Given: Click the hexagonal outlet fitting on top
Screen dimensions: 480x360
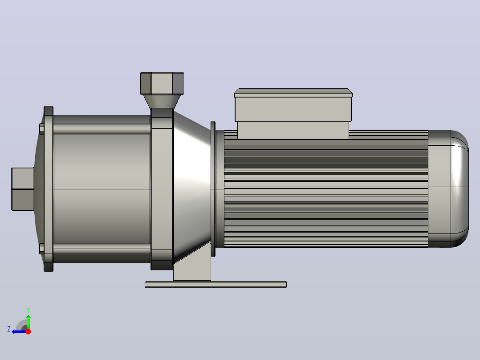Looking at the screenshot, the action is coord(162,83).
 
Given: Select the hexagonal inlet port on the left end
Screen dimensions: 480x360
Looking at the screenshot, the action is coord(22,189).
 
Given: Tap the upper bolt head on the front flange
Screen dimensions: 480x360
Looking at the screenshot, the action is coord(42,129).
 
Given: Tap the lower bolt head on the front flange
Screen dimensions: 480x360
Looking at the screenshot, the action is coord(42,249).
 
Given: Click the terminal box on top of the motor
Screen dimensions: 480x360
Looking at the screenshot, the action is coord(293,114).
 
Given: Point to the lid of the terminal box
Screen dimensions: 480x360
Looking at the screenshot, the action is coord(293,93).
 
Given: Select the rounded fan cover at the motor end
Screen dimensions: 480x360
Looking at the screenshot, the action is coord(448,189).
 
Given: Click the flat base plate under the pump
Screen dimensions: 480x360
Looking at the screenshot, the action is coord(216,285).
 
